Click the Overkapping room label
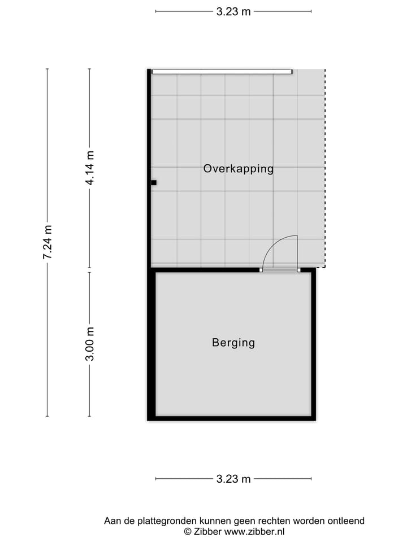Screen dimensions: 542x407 [x=238, y=168]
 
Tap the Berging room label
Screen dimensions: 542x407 [x=233, y=342]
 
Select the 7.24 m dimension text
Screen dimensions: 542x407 [x=47, y=242]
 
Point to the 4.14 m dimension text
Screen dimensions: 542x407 [x=90, y=168]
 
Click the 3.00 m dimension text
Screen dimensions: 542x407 [x=90, y=344]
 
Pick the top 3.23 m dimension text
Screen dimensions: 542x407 [x=233, y=11]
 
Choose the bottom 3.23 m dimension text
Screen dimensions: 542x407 [x=233, y=479]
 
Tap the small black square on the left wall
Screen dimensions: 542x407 [x=153, y=182]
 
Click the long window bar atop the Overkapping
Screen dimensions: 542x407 [x=222, y=72]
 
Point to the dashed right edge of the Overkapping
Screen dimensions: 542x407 [x=325, y=169]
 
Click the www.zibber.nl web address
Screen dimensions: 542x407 [x=254, y=531]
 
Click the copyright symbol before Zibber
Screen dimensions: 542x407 [x=188, y=531]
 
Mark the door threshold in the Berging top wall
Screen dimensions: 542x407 [x=280, y=270]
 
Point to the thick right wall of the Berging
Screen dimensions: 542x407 [x=313, y=344]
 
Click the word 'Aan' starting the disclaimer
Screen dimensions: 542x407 [x=112, y=521]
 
